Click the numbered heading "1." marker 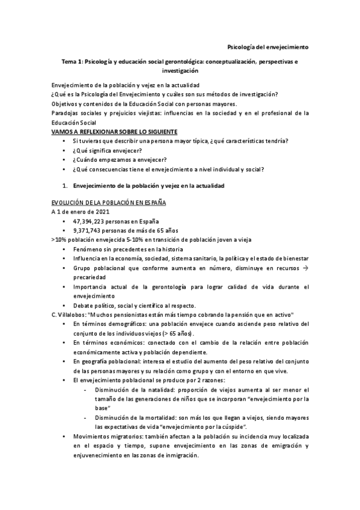point(66,186)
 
